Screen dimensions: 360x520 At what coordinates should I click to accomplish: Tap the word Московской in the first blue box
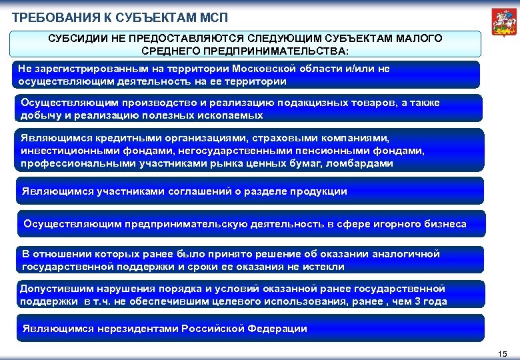pos(299,69)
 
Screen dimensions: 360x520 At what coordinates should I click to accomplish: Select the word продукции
pos(318,191)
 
